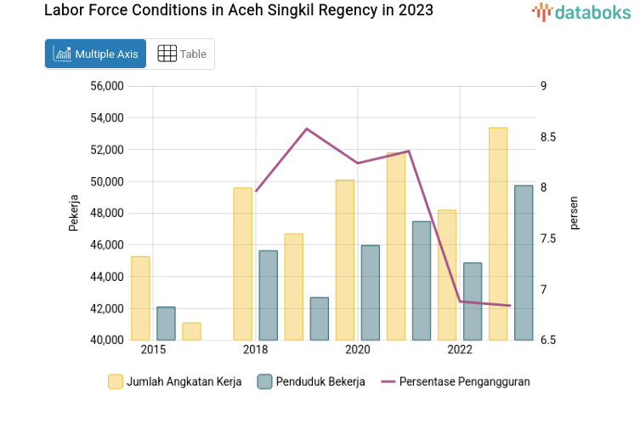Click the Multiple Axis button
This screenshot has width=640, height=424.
(x=95, y=54)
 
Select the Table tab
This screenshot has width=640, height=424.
(x=181, y=54)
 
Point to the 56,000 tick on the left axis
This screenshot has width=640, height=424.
(x=106, y=86)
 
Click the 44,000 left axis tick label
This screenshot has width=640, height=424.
(x=106, y=277)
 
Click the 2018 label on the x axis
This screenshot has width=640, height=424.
(x=255, y=350)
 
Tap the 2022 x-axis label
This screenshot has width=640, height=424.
(x=460, y=350)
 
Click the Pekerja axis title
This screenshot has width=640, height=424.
(x=74, y=214)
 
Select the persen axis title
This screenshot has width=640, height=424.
(x=574, y=213)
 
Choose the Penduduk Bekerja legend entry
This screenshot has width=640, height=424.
(x=311, y=381)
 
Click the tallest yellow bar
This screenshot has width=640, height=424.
(x=498, y=234)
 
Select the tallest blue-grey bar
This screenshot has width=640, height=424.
(x=524, y=263)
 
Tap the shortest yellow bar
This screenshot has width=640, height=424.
(x=191, y=331)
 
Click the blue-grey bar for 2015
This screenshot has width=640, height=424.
(x=166, y=324)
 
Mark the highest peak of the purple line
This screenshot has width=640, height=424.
(x=307, y=129)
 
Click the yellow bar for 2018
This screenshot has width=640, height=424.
(x=243, y=264)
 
